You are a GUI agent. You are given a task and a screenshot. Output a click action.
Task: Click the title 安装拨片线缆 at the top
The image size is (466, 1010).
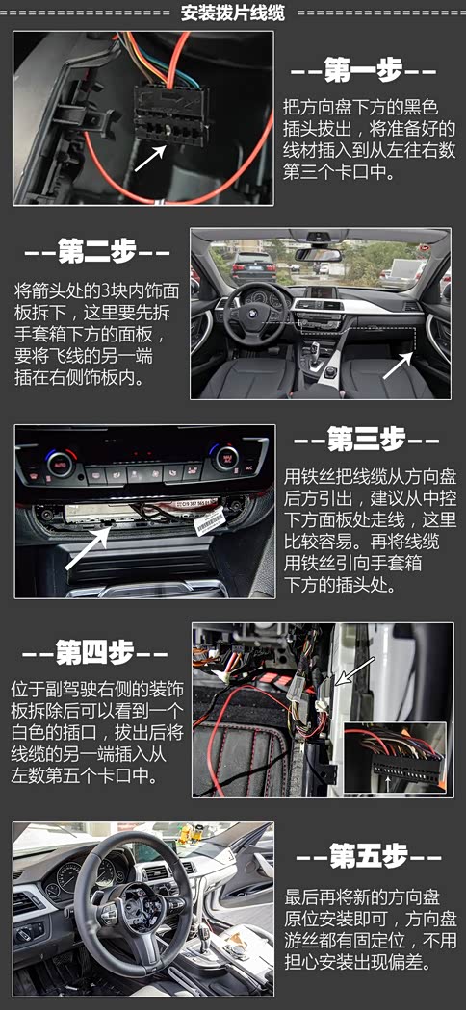coord(232,13)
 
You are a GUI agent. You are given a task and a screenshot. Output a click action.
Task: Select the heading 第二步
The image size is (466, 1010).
coord(96,252)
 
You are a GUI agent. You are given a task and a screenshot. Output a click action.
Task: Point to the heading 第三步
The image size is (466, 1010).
coord(366,440)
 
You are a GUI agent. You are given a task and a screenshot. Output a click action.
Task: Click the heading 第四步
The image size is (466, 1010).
coord(95,654)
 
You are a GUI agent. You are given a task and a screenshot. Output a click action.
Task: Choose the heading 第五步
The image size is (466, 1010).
coord(369,857)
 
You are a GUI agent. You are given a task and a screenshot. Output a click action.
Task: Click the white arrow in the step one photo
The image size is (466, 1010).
coord(150,157)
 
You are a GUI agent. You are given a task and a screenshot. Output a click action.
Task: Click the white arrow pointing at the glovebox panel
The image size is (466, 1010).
coord(398,366)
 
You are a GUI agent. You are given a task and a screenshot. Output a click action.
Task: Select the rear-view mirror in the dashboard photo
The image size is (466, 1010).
coord(318,254)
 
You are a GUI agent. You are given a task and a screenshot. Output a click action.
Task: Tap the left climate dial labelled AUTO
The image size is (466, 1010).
coord(60,463)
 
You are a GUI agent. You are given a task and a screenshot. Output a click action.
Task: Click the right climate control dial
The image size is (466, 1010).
coord(225,458)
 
